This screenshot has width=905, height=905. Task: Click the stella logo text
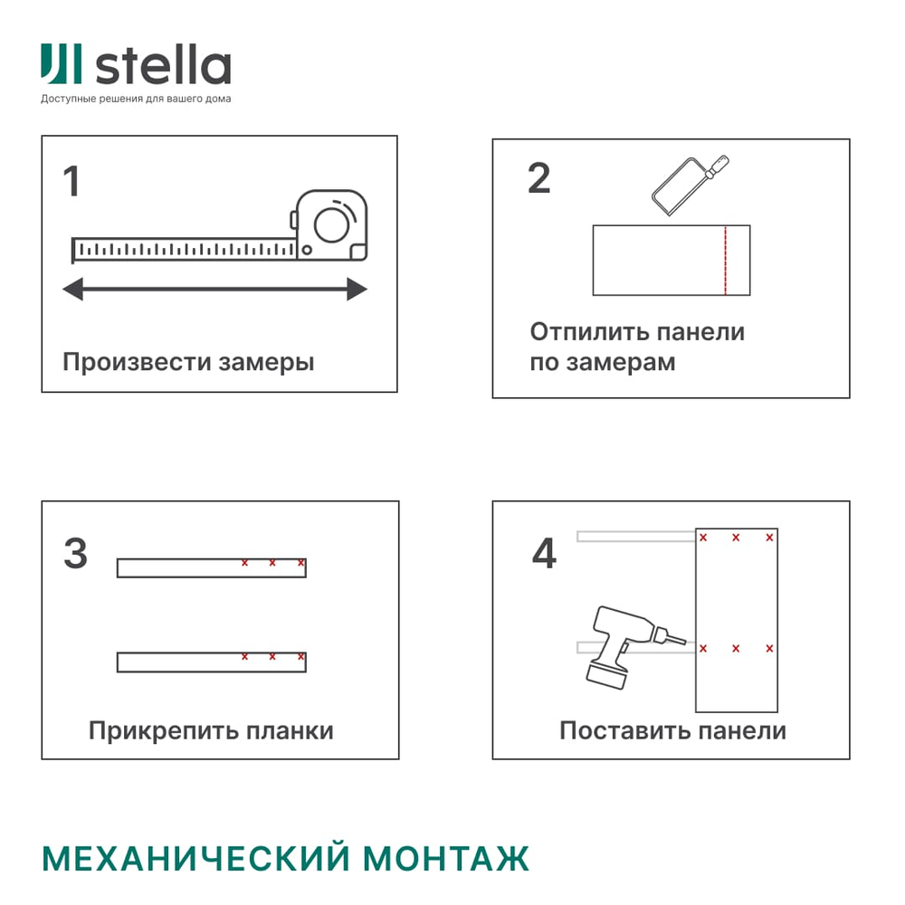[164, 66]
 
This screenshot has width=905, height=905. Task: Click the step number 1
[71, 181]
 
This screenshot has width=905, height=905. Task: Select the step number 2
[538, 178]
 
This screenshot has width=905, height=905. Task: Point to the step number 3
[75, 554]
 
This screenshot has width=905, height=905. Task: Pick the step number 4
[544, 554]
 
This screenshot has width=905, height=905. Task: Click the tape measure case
[331, 226]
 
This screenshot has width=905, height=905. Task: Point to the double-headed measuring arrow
[214, 290]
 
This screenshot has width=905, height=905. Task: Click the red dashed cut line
[725, 260]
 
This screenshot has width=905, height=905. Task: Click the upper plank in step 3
[211, 568]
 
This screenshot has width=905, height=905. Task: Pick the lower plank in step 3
[211, 662]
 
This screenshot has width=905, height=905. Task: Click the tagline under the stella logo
[136, 99]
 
